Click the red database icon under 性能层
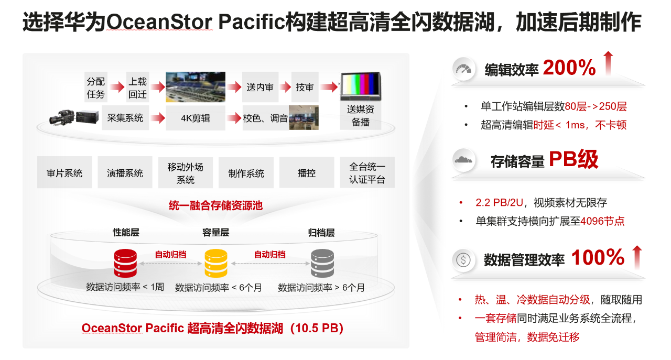(125, 263)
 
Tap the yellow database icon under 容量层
(216, 263)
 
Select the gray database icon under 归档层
(322, 263)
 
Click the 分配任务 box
(96, 88)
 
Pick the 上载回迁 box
(138, 88)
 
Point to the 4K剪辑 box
(196, 118)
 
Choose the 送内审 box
(260, 88)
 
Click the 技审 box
(305, 88)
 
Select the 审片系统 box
(64, 173)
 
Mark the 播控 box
(307, 173)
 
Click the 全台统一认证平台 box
(367, 173)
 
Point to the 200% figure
(569, 68)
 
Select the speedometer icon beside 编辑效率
(463, 69)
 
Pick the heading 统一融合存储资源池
(215, 205)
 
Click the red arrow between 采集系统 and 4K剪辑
(157, 118)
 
